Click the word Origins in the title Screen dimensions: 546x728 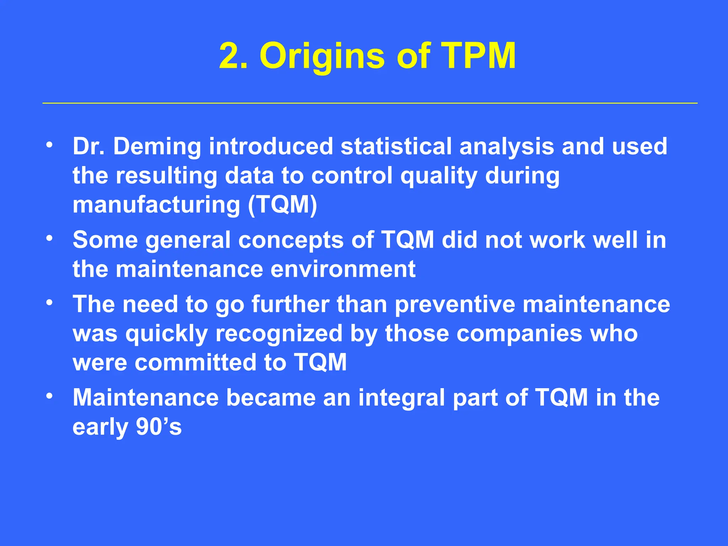[322, 56]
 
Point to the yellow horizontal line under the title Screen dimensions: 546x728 [370, 103]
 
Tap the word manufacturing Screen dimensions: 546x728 [156, 205]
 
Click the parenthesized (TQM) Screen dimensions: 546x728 [282, 205]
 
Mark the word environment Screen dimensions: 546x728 [343, 269]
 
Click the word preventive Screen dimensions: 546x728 [455, 304]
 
